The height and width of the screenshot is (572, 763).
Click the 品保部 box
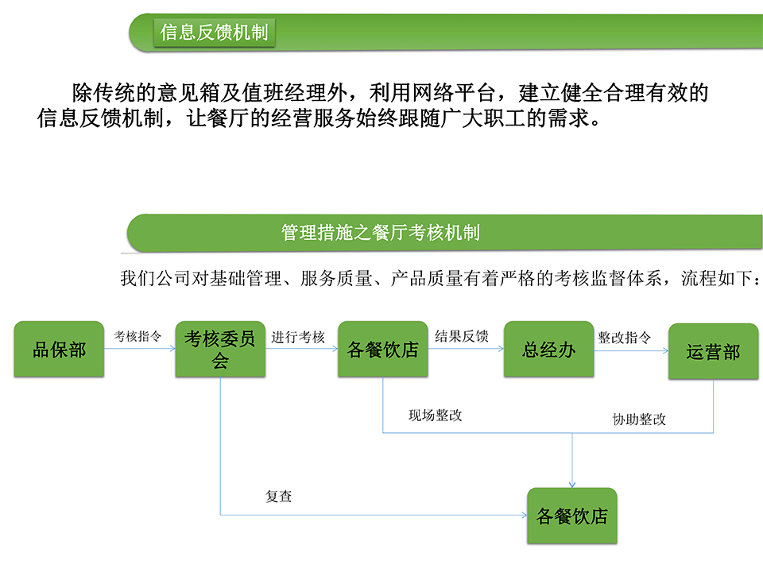pos(59,349)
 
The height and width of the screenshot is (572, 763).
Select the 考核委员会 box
pos(220,349)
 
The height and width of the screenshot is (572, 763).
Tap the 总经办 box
pos(548,349)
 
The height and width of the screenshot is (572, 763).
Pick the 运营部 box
pos(714,351)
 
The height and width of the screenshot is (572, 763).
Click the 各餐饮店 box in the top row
pos(383,349)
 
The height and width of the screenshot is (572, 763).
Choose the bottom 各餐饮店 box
pos(572,516)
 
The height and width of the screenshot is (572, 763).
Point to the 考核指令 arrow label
pos(137,336)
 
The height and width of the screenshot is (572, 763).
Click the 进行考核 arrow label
pos(298,337)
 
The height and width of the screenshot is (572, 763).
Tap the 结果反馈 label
pos(462,336)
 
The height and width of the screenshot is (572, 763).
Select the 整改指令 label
pos(625,338)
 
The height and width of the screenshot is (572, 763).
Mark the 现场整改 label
pos(435,415)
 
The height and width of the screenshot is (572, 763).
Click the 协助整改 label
pos(639,419)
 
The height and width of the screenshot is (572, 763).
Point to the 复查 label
pos(279,496)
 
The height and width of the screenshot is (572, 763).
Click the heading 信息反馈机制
pos(214,32)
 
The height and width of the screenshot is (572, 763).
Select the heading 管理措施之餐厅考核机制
pos(381,233)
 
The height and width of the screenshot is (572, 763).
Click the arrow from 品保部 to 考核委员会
pos(140,348)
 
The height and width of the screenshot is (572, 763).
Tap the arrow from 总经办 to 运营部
pos(631,350)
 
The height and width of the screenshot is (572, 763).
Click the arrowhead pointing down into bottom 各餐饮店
pos(572,485)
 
